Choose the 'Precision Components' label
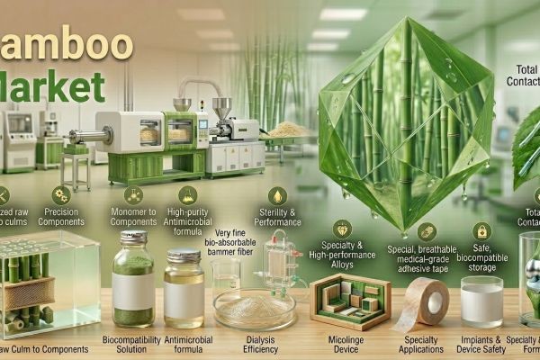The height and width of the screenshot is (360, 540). [x=62, y=219]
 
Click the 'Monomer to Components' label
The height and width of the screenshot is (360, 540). [x=132, y=219]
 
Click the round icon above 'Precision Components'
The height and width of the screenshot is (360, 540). [x=61, y=193]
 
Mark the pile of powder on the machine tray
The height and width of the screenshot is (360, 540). [x=285, y=130]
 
